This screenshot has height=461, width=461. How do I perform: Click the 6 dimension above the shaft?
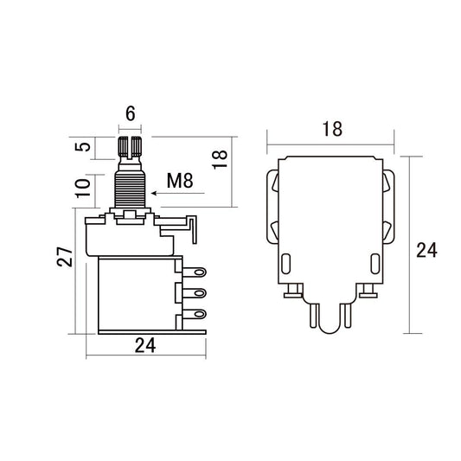click(x=131, y=112)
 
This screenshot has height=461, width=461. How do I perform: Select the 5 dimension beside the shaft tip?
click(x=82, y=146)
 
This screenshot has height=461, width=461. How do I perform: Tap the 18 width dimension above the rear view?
click(x=331, y=129)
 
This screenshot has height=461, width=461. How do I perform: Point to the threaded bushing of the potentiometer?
click(x=131, y=187)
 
